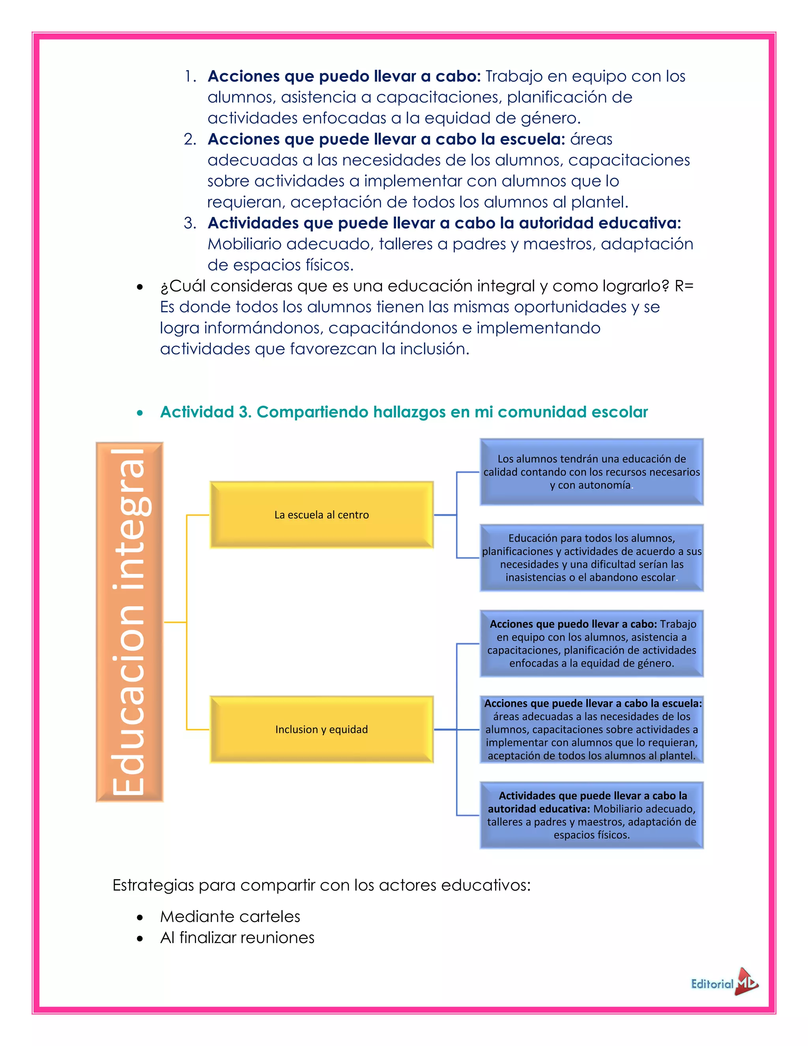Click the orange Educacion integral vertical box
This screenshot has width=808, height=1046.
coord(129,622)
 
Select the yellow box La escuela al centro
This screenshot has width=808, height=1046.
coord(321,515)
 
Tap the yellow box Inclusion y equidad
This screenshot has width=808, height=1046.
coord(321,729)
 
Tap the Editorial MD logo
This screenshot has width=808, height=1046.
coord(724,984)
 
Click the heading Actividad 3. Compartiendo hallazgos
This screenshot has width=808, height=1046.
coord(404,412)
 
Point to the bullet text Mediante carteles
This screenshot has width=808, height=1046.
coord(230,916)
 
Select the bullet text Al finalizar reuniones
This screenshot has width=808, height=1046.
coord(237,937)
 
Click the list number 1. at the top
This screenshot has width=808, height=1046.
coord(191,76)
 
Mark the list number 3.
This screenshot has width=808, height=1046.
coord(190,223)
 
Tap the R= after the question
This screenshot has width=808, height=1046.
coord(684,286)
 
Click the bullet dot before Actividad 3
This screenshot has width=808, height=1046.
coord(140,413)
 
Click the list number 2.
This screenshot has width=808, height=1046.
coord(190,139)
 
